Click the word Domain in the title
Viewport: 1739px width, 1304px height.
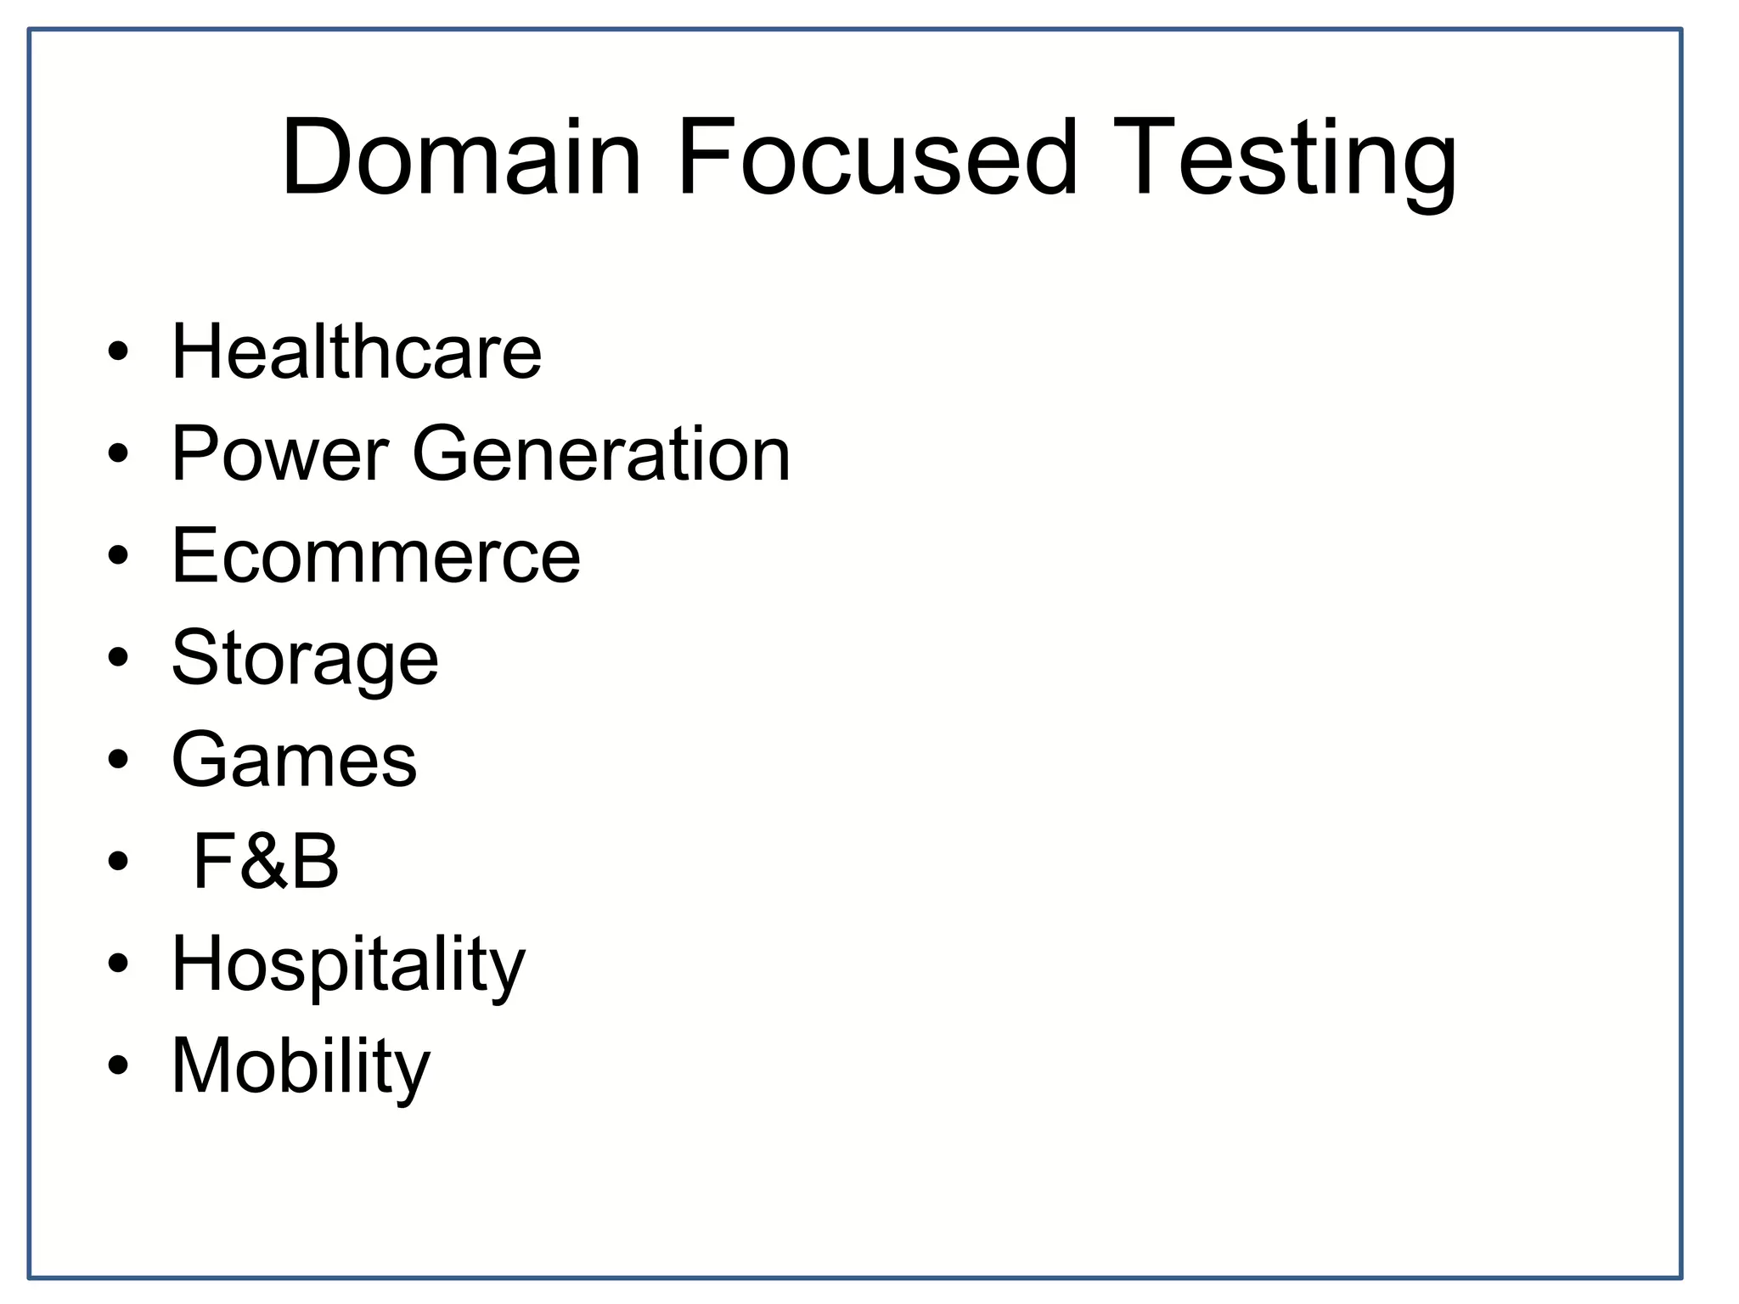click(x=461, y=159)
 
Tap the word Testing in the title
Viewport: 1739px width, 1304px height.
click(x=1285, y=161)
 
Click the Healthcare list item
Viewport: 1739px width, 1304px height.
click(x=357, y=351)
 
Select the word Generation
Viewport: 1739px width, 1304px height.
click(x=601, y=454)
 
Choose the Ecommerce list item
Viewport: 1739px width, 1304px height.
click(x=376, y=556)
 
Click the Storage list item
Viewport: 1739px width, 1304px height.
click(x=305, y=659)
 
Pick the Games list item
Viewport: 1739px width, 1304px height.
click(x=294, y=760)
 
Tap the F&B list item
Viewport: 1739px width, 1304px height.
click(x=266, y=862)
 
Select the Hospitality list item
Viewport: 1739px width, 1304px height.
click(x=348, y=965)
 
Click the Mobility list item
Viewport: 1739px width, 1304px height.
click(x=301, y=1067)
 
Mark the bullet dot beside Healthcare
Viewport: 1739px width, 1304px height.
click(x=118, y=351)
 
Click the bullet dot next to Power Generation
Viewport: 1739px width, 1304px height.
click(x=118, y=453)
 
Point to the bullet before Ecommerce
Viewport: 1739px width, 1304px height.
click(x=118, y=555)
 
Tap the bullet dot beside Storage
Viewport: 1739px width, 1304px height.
click(x=118, y=657)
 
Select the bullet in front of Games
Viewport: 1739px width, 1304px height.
click(x=118, y=759)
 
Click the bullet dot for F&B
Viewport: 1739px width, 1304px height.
click(x=118, y=861)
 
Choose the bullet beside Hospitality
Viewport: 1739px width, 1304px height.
click(x=118, y=963)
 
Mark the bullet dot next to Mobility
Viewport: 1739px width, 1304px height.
click(x=118, y=1065)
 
